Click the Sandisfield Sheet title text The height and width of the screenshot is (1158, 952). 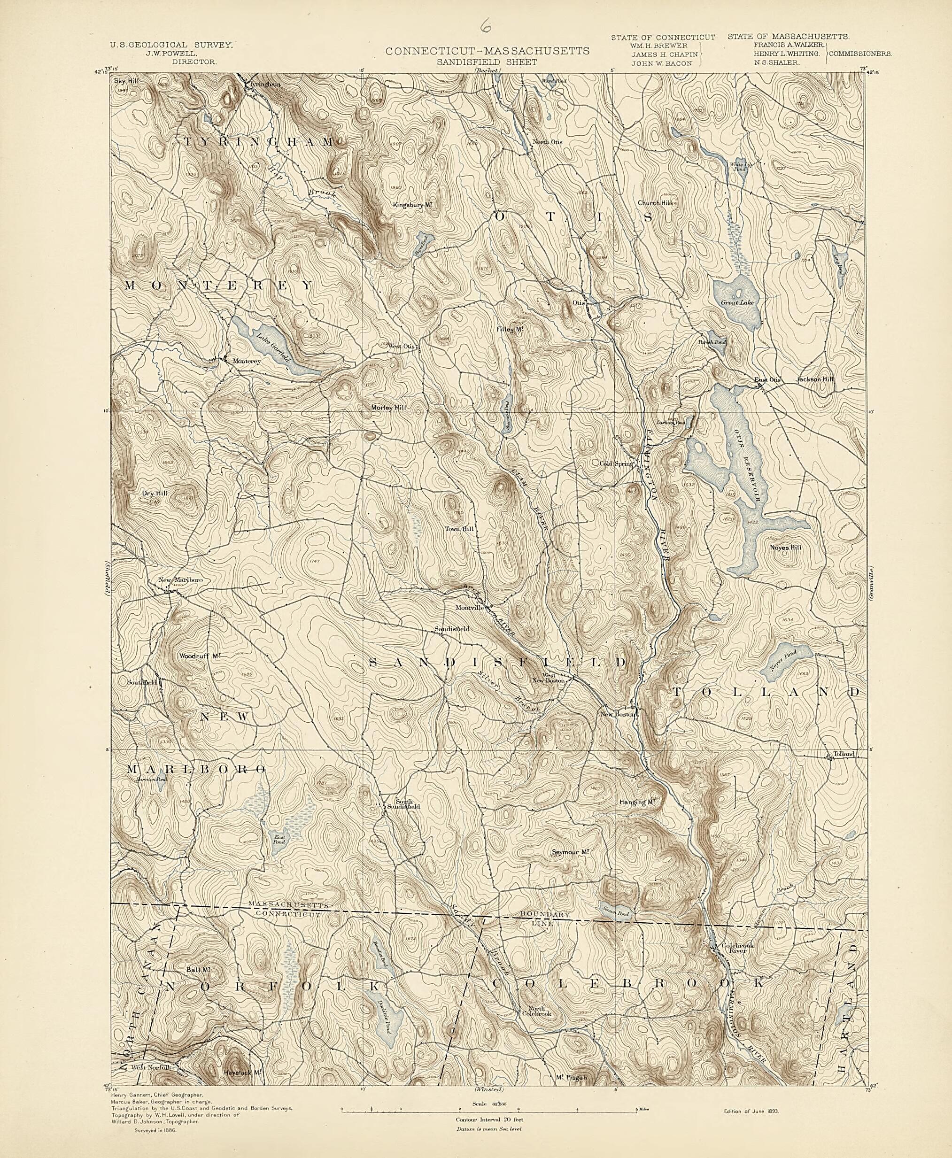(x=487, y=62)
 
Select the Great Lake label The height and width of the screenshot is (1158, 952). (x=741, y=302)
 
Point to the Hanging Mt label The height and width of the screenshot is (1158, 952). (x=638, y=802)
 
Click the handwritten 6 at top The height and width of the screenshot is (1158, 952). (x=484, y=26)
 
